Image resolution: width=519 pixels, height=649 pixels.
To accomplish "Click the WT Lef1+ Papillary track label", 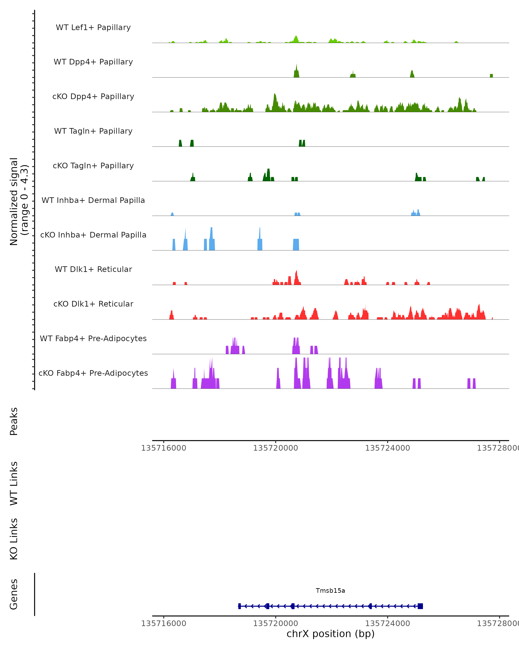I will click(93, 27).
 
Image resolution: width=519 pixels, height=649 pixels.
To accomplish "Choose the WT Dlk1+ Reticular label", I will click(93, 269).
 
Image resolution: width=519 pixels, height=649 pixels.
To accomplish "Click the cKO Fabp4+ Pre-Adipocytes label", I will click(93, 373).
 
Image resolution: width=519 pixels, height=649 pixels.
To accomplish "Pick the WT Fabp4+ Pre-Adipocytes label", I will click(93, 338).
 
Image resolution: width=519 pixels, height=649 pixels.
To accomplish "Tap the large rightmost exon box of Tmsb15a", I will click(420, 606).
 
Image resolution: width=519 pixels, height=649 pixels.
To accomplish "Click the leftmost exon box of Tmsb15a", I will click(239, 606).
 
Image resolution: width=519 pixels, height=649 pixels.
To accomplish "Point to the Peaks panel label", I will click(14, 421).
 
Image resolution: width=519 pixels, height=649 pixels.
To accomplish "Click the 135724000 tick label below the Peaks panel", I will click(387, 448).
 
